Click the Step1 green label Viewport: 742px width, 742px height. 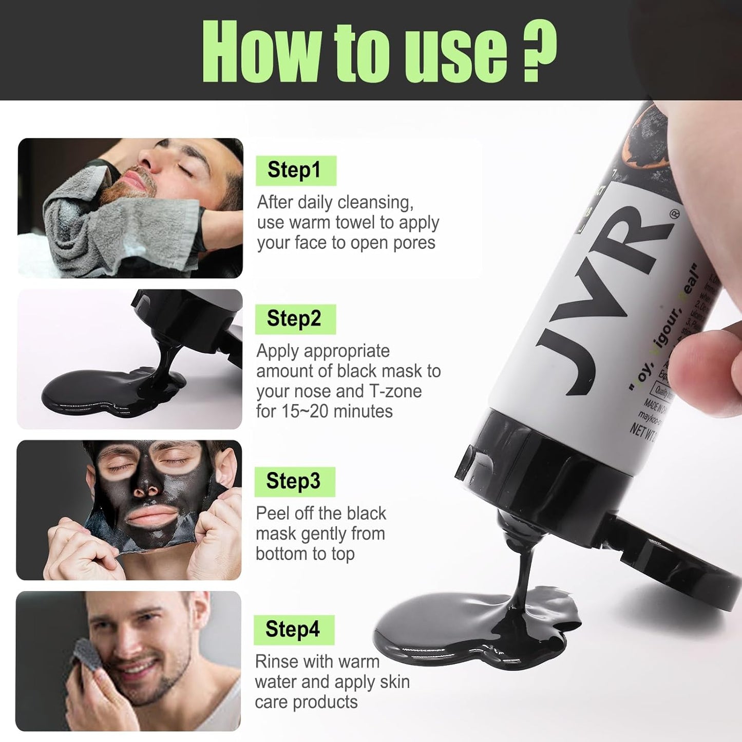(295, 170)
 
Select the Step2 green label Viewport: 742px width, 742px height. (295, 319)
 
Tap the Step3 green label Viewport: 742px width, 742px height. (294, 482)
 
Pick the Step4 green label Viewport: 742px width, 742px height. (293, 630)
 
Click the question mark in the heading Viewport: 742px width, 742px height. (539, 51)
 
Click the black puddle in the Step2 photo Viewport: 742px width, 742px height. (103, 393)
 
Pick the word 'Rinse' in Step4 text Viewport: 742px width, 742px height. (277, 662)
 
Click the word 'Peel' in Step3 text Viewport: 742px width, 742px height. (274, 513)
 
